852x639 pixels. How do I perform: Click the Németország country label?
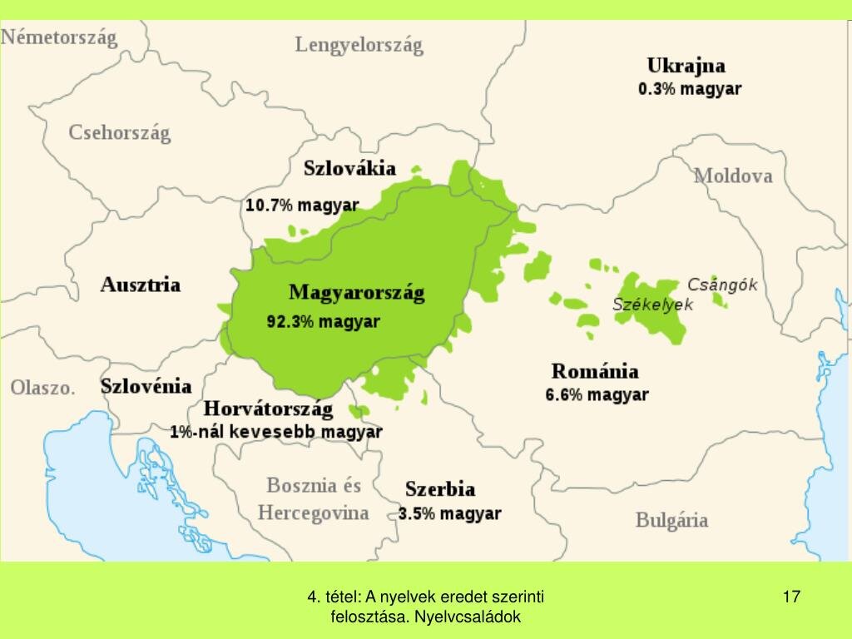60,38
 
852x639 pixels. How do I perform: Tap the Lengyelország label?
359,45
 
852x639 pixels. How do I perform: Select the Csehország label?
119,132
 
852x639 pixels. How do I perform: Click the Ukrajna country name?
686,66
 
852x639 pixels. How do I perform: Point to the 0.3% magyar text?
689,89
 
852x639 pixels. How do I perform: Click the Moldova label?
733,176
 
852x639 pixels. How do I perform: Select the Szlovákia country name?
349,168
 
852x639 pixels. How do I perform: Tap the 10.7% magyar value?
302,205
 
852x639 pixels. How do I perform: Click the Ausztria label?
141,285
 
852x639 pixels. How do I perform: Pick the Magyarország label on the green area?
356,293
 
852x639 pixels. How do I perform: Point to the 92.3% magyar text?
323,321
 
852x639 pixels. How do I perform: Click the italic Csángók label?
722,285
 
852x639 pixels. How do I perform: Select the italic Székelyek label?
652,305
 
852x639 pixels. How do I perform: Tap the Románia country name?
595,371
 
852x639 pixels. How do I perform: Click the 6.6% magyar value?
597,395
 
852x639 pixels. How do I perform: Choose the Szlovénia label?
146,386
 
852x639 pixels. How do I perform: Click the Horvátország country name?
268,409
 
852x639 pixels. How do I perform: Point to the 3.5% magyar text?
449,513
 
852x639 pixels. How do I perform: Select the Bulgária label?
671,521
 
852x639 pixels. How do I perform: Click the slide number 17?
791,596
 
